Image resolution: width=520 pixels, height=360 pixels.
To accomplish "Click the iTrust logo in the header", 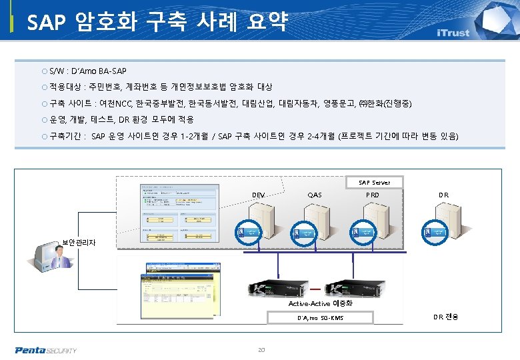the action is tap(453, 33).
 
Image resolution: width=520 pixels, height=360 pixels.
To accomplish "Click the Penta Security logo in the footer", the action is tap(46, 350).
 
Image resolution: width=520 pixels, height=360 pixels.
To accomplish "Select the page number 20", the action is tap(261, 349).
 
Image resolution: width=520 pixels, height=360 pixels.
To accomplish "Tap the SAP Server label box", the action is tap(374, 182).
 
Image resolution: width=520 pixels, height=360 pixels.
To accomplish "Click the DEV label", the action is tap(259, 195).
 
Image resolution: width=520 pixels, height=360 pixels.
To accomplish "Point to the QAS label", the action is tap(315, 195).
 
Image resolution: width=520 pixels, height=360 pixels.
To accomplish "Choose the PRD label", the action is tap(373, 195).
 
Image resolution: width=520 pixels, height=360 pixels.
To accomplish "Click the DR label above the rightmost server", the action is tap(443, 195).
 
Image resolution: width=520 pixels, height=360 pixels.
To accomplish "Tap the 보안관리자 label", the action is tap(79, 243).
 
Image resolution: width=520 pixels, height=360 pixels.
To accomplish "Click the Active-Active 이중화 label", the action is tap(320, 304).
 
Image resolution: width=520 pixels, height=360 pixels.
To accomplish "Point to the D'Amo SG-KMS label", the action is tap(320, 318).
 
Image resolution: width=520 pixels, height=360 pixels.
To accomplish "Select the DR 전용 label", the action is tap(446, 317).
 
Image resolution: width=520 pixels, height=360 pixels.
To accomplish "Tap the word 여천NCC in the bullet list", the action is tap(115, 104).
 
